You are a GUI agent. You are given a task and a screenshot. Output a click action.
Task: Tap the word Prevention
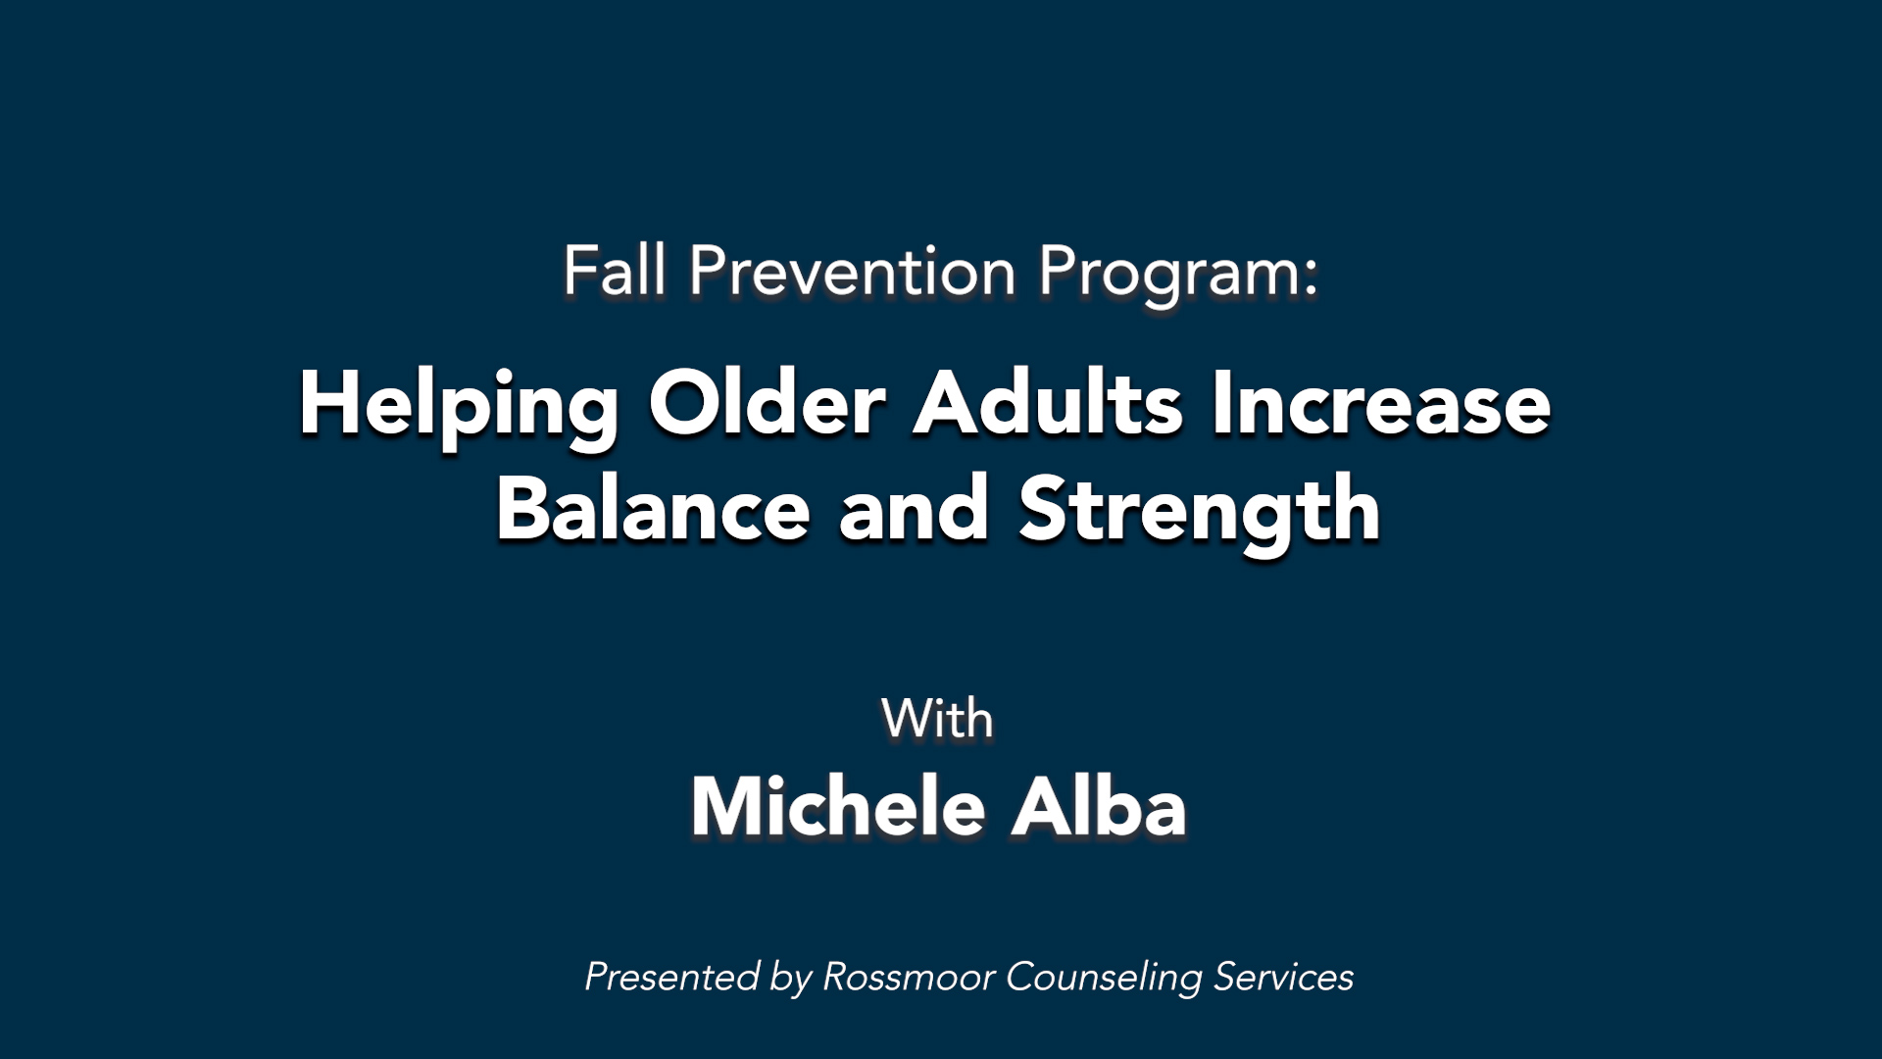tap(852, 271)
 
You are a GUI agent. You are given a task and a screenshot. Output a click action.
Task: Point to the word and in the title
tap(914, 508)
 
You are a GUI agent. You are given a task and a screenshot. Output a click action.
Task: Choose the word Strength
tap(1200, 514)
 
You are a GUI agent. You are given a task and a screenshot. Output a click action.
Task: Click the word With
tap(937, 719)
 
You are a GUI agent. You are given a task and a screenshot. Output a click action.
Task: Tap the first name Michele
tap(837, 806)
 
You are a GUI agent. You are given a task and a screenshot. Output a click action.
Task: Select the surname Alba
tap(1099, 806)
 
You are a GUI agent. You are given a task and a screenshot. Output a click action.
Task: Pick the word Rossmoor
tap(909, 977)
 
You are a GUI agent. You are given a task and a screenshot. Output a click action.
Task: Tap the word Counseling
tap(1104, 980)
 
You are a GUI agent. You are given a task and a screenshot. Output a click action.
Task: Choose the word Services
tap(1284, 977)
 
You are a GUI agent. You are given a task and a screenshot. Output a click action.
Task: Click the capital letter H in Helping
tap(330, 402)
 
